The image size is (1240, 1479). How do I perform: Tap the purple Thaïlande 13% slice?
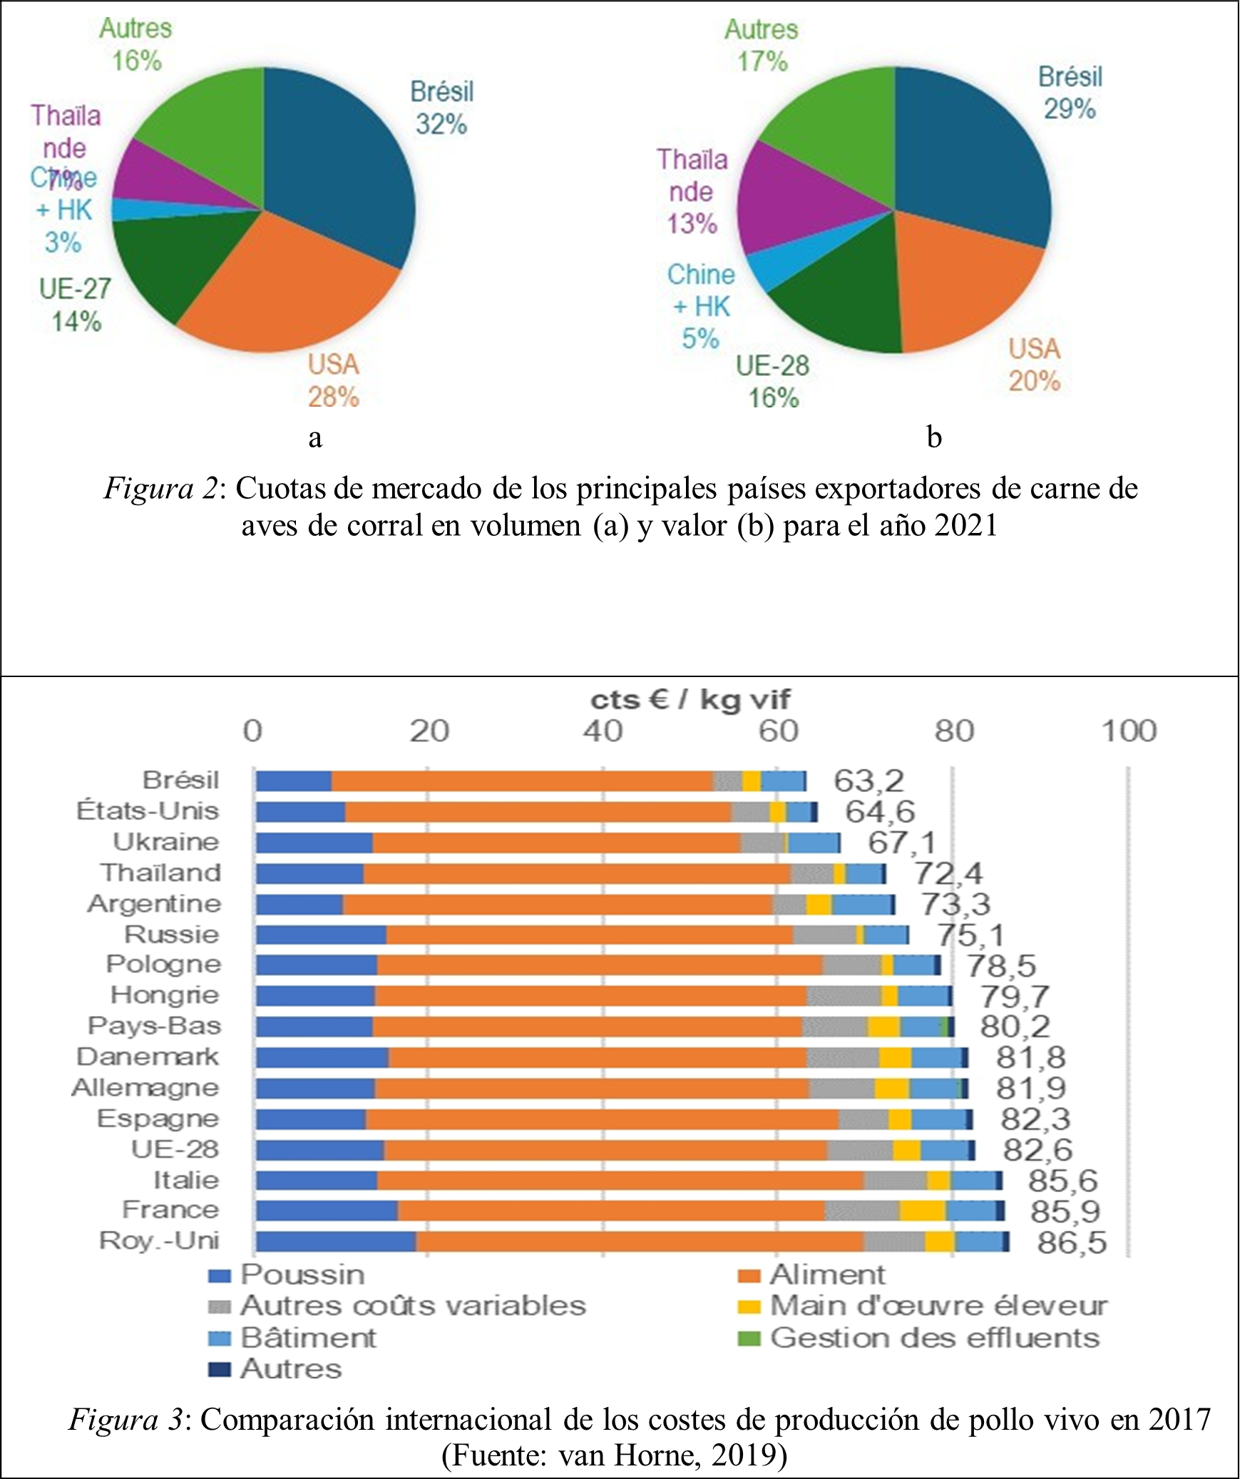click(x=791, y=200)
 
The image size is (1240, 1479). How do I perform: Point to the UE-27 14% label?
click(x=75, y=305)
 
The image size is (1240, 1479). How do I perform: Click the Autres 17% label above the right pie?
click(x=762, y=46)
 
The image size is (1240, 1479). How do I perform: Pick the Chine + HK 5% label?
click(x=700, y=307)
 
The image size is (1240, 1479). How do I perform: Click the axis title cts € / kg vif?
click(x=690, y=700)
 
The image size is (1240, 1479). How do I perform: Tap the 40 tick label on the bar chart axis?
click(x=603, y=731)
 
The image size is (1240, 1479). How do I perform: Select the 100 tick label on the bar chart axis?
click(x=1129, y=731)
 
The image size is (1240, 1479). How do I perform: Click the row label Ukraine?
click(x=166, y=842)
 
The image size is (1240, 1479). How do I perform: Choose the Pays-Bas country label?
click(x=154, y=1026)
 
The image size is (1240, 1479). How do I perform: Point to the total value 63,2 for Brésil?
click(x=868, y=781)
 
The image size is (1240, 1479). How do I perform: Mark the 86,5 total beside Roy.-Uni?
click(x=1072, y=1242)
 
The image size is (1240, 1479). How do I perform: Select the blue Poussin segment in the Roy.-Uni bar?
click(x=336, y=1241)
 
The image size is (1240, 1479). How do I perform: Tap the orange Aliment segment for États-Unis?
click(x=538, y=812)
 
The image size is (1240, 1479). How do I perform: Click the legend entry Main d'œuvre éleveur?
click(x=938, y=1306)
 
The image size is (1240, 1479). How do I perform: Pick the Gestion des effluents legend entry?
click(x=934, y=1338)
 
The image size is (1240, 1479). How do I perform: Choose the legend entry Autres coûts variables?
click(x=413, y=1306)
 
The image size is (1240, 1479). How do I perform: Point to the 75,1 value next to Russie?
click(x=970, y=935)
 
